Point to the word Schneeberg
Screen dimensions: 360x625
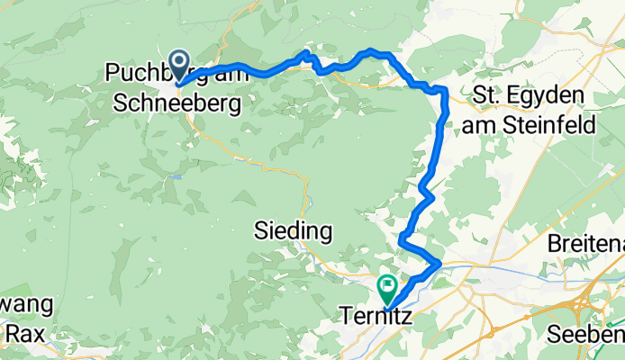[177, 105]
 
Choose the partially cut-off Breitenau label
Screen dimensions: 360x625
[585, 244]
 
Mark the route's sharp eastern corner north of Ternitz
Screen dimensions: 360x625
[439, 263]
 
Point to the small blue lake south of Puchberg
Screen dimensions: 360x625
[178, 175]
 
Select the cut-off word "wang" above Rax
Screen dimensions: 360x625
[25, 304]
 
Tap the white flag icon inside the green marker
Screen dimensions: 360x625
[388, 286]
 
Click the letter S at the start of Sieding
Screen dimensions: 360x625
[255, 232]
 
